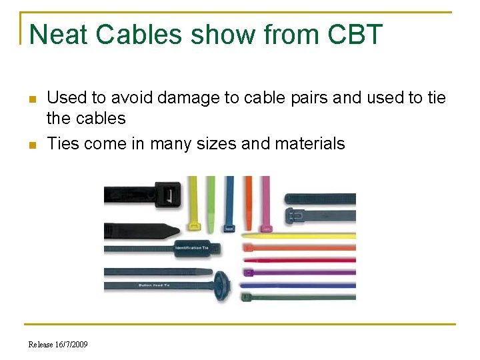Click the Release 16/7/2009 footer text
coord(58,344)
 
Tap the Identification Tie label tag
coord(193,248)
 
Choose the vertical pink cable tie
coord(265,200)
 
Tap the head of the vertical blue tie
coord(229,228)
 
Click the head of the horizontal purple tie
coord(248,272)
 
